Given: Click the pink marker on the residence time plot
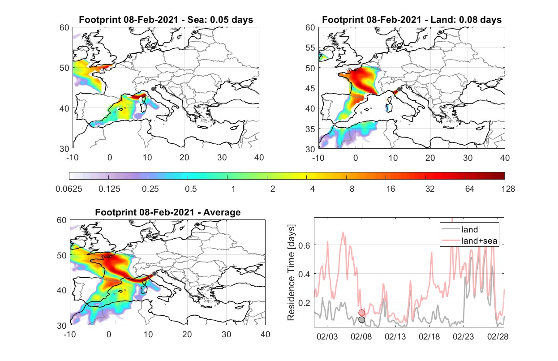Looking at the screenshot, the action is (x=362, y=313).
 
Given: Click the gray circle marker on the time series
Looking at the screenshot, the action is (x=362, y=320).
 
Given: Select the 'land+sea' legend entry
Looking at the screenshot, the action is (x=470, y=241).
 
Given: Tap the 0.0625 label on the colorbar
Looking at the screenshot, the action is (x=69, y=189).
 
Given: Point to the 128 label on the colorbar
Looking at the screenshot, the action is (x=508, y=189).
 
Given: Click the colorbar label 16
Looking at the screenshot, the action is (x=391, y=189).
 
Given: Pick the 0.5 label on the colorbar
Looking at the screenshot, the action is (x=191, y=189).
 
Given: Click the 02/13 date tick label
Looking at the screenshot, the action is (x=395, y=336).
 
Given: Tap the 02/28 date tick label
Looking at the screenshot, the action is (x=498, y=336).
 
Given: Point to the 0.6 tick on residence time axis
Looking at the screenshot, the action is (x=305, y=245).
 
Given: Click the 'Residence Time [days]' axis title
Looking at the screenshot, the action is (x=291, y=273).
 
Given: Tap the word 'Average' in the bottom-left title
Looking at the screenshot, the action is (x=222, y=212).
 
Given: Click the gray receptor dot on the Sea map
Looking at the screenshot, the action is (x=153, y=89).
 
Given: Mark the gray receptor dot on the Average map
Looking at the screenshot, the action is (x=155, y=274).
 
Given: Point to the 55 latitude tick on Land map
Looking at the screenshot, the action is (x=310, y=47).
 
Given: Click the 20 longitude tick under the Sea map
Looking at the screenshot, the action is (x=185, y=158).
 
